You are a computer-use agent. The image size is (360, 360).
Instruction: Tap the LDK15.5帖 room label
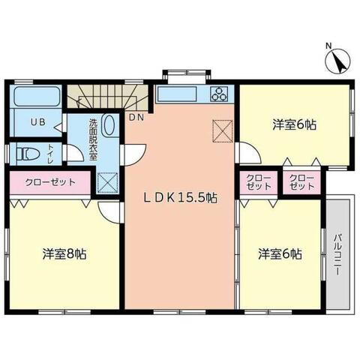tap(181, 199)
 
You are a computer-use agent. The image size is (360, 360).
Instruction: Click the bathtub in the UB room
tap(38, 97)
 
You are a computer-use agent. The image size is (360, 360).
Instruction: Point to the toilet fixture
tap(28, 154)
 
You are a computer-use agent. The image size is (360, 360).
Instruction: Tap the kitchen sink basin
tap(177, 94)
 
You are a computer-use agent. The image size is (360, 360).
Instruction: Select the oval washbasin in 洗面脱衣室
tap(109, 126)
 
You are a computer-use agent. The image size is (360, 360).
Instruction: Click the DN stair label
tap(136, 117)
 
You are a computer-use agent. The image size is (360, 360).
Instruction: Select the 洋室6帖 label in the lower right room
tap(281, 254)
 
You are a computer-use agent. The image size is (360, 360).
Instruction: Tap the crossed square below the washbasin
tap(107, 182)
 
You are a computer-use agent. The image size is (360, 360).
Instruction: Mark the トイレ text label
tap(50, 153)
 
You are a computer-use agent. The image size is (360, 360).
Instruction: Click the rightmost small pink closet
tap(301, 182)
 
